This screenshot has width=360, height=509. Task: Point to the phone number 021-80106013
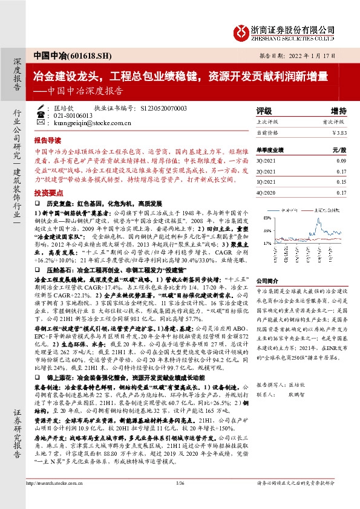(74, 115)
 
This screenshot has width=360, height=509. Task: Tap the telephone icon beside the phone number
(41, 115)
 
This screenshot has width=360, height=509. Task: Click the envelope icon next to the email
(41, 122)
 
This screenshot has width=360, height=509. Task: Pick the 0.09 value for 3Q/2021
(341, 160)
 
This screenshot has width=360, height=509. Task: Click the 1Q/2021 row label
(266, 181)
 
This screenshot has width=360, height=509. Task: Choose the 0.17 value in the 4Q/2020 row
(341, 192)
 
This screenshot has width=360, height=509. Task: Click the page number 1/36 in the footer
(180, 499)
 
